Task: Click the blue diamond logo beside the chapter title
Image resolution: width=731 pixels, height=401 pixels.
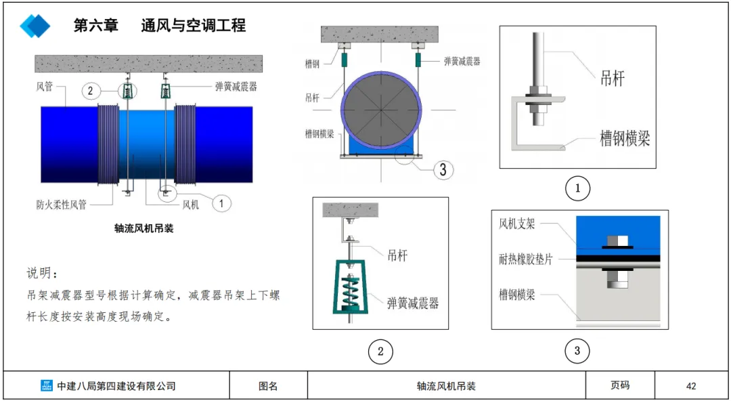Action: click(x=35, y=26)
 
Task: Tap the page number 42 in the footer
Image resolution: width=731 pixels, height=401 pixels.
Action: click(x=691, y=386)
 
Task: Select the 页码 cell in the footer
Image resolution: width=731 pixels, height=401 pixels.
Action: click(x=620, y=385)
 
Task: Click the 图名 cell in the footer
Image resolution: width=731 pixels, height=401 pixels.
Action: click(x=268, y=386)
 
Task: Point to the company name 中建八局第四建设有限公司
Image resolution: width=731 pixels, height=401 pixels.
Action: click(x=116, y=386)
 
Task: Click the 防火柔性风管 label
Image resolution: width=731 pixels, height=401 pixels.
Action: click(x=62, y=205)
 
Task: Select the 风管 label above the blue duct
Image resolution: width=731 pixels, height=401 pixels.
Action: click(x=45, y=86)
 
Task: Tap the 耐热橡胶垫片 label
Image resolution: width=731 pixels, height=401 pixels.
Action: click(x=525, y=259)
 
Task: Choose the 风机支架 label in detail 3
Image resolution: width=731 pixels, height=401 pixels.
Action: click(x=516, y=224)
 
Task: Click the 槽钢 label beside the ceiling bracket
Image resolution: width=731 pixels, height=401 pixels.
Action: click(x=312, y=64)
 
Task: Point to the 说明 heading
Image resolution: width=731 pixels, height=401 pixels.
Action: click(x=43, y=273)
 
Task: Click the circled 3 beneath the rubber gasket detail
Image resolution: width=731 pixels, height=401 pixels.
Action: click(x=577, y=351)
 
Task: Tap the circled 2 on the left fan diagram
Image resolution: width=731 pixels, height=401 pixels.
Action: click(x=91, y=91)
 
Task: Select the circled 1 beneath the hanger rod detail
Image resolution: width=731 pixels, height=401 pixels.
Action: click(x=577, y=188)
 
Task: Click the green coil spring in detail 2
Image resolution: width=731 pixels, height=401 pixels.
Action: click(x=350, y=292)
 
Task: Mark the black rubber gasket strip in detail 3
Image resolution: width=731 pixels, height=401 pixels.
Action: click(x=618, y=258)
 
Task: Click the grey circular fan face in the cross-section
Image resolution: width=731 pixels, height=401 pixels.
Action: click(x=382, y=110)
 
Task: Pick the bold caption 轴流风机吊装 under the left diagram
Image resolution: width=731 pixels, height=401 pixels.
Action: click(x=143, y=228)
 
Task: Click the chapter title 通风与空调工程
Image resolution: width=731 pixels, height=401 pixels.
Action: click(x=194, y=25)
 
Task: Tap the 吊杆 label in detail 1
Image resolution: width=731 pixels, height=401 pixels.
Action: click(x=612, y=79)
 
